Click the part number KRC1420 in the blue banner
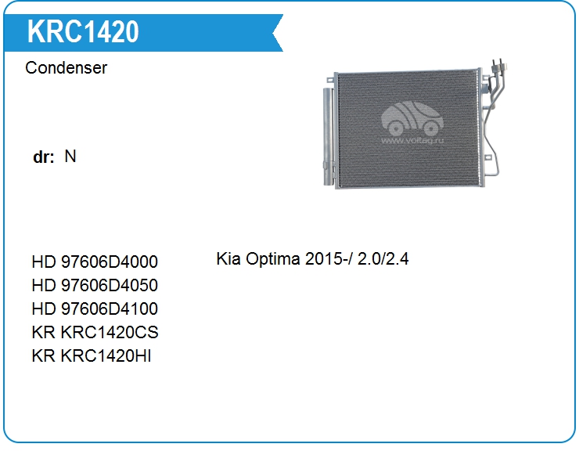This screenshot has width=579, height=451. (83, 32)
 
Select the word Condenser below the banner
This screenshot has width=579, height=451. (66, 67)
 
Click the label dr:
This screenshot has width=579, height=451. (44, 157)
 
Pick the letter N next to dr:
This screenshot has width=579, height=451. (70, 156)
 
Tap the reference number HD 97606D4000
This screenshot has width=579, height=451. (95, 262)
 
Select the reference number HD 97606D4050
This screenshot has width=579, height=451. (95, 285)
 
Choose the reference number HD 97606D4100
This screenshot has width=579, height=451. (95, 308)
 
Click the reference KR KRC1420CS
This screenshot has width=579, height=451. (95, 332)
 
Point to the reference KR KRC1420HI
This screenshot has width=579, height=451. (92, 356)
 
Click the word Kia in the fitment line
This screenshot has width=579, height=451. (228, 258)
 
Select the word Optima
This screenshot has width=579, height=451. (273, 259)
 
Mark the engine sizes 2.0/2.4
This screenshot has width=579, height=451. (383, 258)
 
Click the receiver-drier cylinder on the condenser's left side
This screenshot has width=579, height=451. (329, 136)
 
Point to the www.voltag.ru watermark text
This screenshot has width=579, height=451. (412, 140)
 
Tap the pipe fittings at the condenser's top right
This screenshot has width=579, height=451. (498, 67)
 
